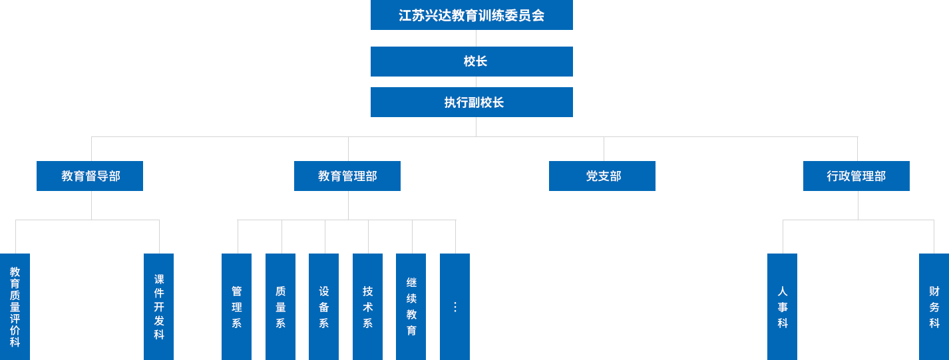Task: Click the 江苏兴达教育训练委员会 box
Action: [x=471, y=15]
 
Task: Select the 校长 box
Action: [x=471, y=61]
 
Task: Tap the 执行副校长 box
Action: [x=471, y=102]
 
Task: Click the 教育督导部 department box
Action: [x=90, y=176]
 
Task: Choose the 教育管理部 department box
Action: [x=347, y=176]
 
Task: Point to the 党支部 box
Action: [x=602, y=176]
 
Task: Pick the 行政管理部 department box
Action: [x=856, y=176]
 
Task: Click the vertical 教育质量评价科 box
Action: [x=15, y=306]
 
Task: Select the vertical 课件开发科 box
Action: [x=158, y=306]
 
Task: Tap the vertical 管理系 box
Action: [x=236, y=306]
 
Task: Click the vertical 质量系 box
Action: [x=280, y=306]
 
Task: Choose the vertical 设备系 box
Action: [x=323, y=306]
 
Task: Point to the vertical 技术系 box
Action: [x=367, y=306]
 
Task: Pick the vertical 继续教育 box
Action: [x=411, y=306]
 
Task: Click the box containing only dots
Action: [x=455, y=306]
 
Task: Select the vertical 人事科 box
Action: [x=782, y=306]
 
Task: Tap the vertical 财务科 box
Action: [x=934, y=306]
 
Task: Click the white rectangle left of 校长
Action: [x=266, y=81]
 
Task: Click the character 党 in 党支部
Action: [x=592, y=176]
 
